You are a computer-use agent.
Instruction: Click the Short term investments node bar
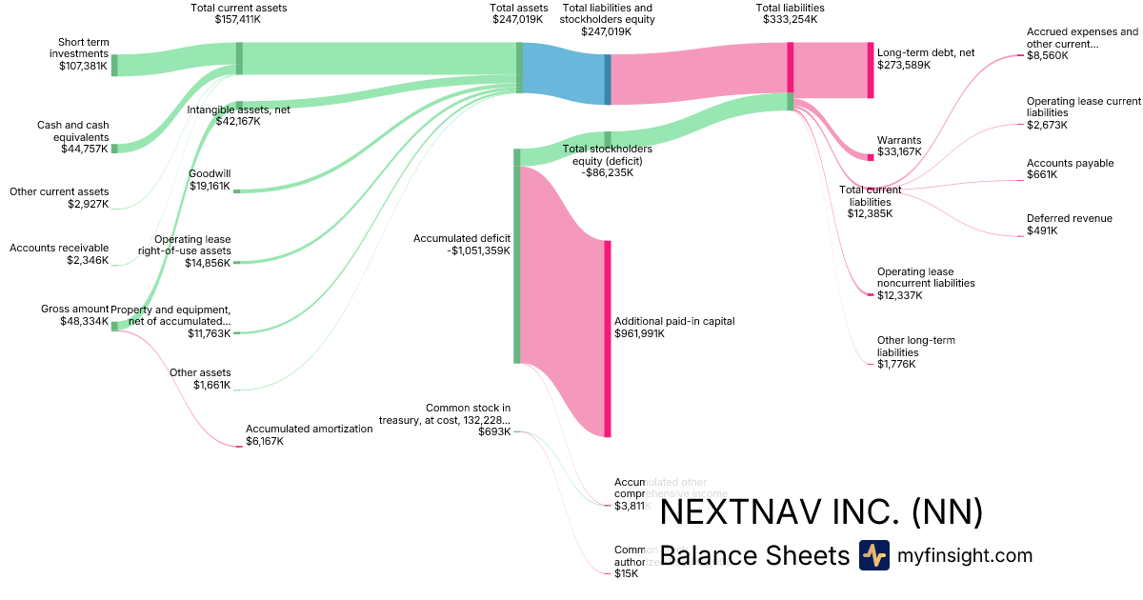[x=114, y=65]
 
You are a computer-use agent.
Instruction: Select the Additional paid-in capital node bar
[x=607, y=338]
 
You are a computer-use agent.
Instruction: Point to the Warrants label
[x=898, y=140]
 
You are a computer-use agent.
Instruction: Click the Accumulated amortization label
[x=309, y=429]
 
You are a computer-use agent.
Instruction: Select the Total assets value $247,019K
[x=518, y=19]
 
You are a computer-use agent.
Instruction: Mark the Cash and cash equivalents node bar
[x=114, y=149]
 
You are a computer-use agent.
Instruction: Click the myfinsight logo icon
[x=873, y=555]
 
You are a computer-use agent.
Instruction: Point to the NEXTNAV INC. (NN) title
[x=820, y=512]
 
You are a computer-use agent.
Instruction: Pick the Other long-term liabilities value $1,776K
[x=896, y=364]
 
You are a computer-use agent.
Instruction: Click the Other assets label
[x=200, y=372]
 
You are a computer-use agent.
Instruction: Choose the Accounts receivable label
[x=59, y=248]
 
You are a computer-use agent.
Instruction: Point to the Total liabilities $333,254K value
[x=790, y=19]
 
